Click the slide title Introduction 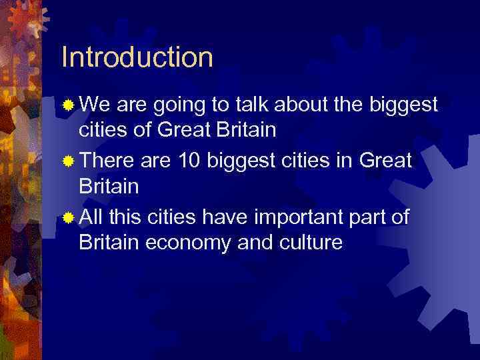point(137,57)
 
